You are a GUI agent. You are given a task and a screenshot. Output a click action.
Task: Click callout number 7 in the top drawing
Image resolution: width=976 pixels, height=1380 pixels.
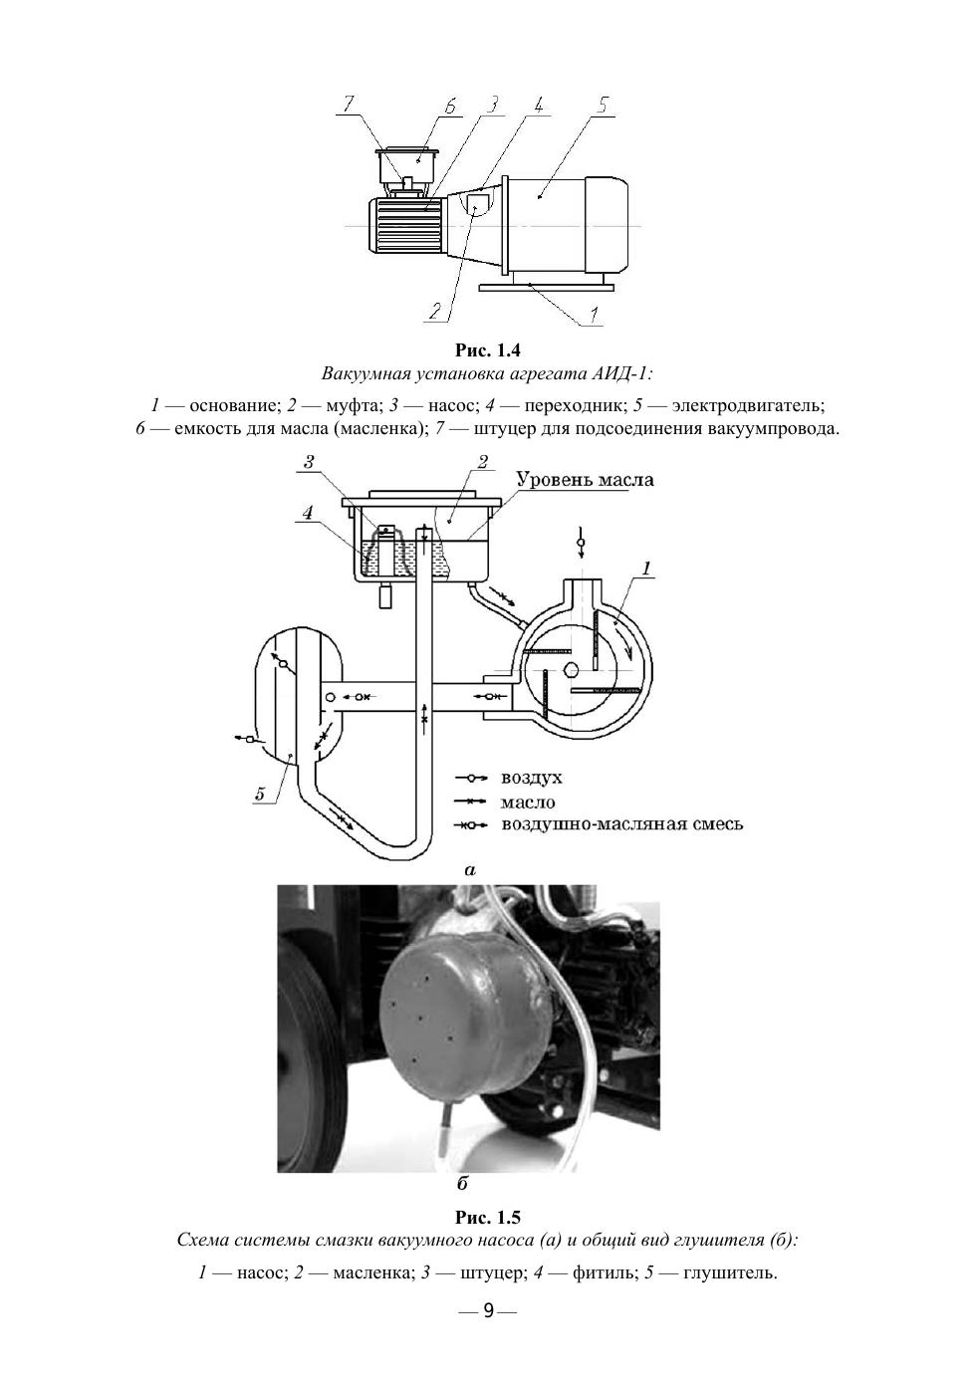pos(349,103)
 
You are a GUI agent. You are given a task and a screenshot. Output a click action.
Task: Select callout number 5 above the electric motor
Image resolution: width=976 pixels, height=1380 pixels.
pos(604,105)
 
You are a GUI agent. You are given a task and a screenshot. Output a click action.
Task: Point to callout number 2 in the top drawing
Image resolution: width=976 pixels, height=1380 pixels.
pos(434,311)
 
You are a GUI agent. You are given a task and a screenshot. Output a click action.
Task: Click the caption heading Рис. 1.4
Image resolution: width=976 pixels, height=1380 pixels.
pos(488,350)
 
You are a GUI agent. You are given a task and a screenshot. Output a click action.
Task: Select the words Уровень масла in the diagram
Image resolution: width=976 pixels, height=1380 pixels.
pos(585,480)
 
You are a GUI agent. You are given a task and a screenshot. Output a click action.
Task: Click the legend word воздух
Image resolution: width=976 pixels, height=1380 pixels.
pos(531,778)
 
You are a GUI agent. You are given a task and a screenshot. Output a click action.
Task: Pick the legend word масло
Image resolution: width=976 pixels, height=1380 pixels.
pos(528,802)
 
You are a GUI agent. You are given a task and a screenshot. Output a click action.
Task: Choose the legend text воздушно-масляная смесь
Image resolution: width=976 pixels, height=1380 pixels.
pos(621,824)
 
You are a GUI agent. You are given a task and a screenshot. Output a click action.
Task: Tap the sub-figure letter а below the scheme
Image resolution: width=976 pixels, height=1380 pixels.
pos(470,870)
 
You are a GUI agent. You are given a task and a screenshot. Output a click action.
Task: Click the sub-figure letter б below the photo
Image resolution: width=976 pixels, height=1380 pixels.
pos(462,1185)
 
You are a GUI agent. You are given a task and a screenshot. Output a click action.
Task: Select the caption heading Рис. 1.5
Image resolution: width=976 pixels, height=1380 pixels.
pos(488,1218)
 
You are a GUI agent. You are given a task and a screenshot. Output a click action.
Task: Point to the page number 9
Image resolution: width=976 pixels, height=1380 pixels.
pos(488,1310)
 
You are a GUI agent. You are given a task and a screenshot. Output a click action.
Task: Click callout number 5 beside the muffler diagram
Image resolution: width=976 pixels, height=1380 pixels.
pos(260,794)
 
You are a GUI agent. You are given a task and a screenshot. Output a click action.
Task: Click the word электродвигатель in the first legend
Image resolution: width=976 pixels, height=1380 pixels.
pos(748,406)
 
